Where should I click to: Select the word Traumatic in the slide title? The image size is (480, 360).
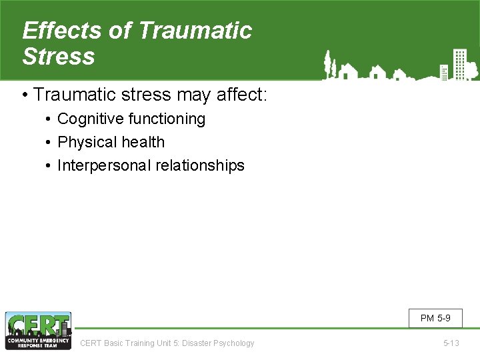[196, 31]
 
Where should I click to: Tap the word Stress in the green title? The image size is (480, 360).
[59, 57]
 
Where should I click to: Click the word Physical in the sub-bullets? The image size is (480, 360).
[83, 142]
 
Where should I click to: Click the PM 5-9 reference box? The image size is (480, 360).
[435, 318]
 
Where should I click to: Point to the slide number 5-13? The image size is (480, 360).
[451, 343]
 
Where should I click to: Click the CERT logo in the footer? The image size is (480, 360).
[38, 331]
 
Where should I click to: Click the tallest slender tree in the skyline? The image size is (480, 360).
[327, 64]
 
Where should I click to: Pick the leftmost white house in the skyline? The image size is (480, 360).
[347, 71]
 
